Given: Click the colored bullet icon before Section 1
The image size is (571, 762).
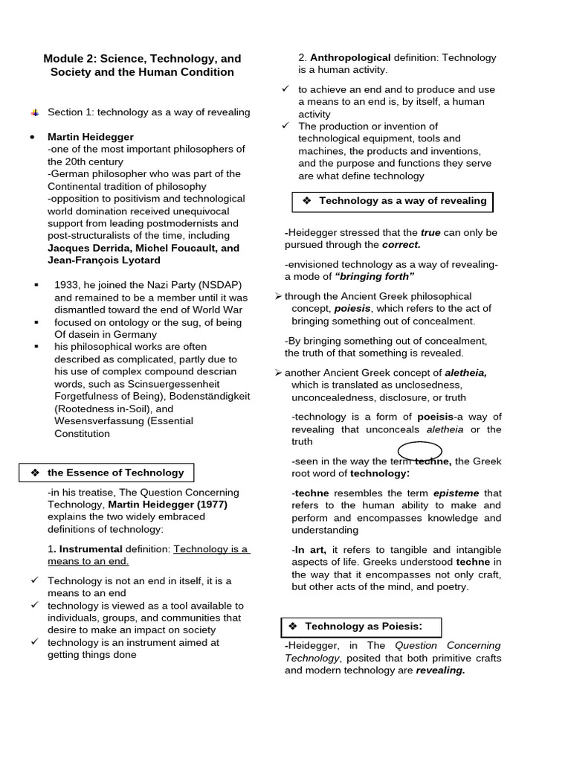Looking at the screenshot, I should [x=34, y=112].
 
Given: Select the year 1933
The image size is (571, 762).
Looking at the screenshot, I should [x=68, y=284].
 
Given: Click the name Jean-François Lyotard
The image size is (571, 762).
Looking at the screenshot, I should [x=103, y=260].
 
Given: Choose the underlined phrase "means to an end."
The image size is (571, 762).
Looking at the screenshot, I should [x=88, y=562].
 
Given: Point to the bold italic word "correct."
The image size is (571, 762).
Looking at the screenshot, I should [x=401, y=245].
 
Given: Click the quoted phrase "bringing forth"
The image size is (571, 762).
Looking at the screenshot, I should [x=375, y=277].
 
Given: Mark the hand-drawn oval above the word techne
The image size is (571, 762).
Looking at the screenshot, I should [x=420, y=451].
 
